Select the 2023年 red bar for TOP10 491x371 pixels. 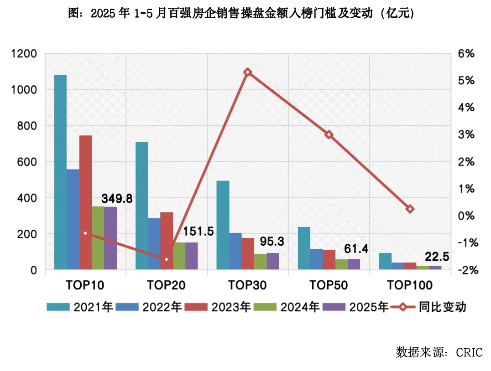tap(85, 203)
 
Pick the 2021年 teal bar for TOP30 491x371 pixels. tap(223, 225)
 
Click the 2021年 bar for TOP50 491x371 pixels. tap(303, 248)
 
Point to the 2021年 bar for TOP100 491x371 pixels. tap(385, 261)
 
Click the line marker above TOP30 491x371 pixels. tap(248, 72)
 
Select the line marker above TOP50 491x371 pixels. tap(329, 134)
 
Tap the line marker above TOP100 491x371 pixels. tap(410, 209)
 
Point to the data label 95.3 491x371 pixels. tap(272, 241)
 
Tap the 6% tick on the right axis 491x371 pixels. tap(466, 54)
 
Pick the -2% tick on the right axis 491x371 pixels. tap(465, 270)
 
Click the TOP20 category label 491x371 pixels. tap(166, 285)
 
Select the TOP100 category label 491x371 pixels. tap(409, 285)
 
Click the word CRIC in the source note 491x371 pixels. tap(467, 352)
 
